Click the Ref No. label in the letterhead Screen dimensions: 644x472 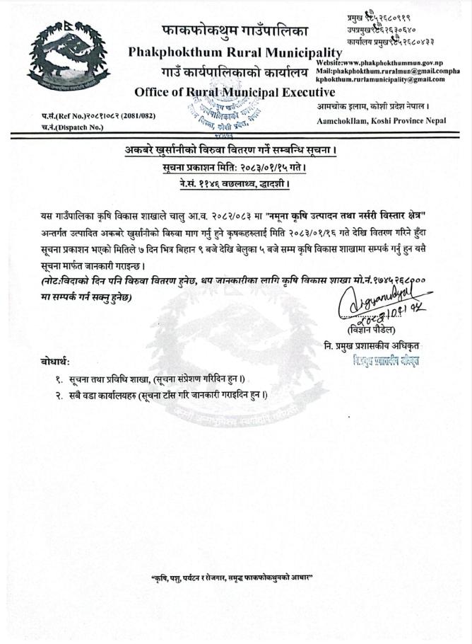click(59, 115)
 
